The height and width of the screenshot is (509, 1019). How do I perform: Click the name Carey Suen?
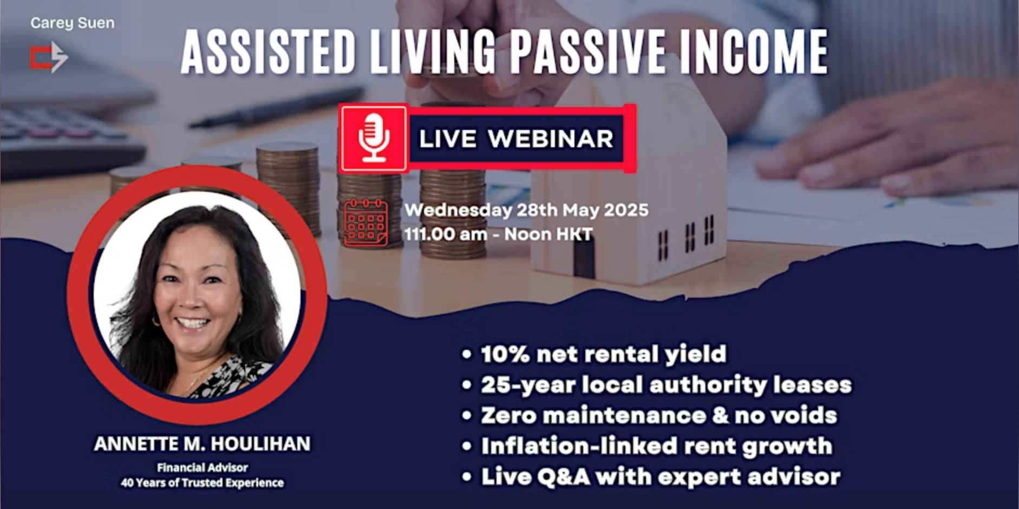[x=73, y=23]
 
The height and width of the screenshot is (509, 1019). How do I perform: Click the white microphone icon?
[x=374, y=138]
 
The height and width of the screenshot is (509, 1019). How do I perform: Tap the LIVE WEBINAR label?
[x=516, y=139]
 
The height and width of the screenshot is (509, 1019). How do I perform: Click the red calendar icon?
[x=366, y=223]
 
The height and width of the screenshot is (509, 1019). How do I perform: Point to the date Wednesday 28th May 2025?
[x=526, y=210]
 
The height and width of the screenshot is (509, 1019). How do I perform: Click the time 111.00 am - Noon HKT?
[x=498, y=234]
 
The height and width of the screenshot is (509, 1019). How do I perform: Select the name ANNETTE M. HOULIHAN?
[x=203, y=444]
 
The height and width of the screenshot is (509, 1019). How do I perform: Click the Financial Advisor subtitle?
[x=203, y=467]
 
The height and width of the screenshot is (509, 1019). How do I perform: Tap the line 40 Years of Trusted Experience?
[x=203, y=482]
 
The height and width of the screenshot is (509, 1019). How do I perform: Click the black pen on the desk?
[x=276, y=107]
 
